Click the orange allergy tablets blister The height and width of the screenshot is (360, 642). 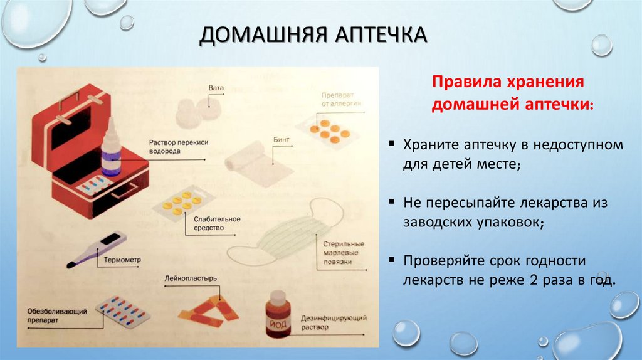click(x=325, y=128)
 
